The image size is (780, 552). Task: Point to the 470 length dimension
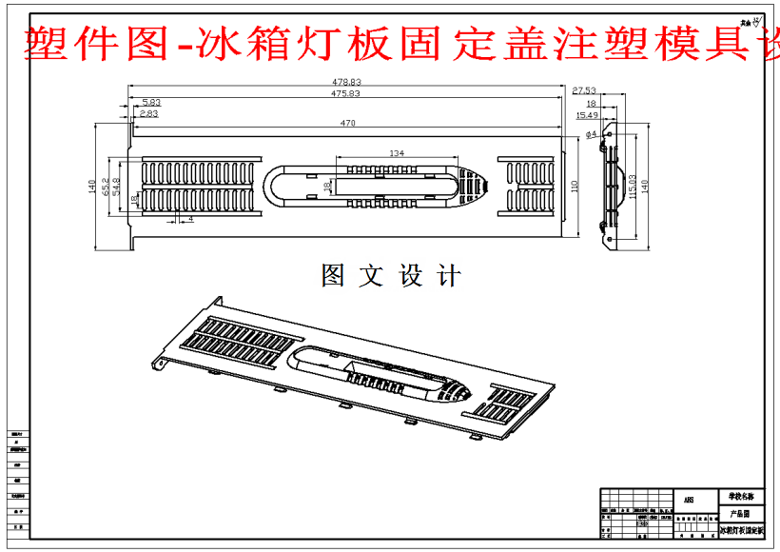coord(347,123)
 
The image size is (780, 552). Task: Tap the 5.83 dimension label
coord(151,102)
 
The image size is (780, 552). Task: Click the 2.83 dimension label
coord(148,113)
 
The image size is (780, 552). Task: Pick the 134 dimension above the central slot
coord(397,152)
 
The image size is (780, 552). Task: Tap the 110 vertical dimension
coord(574,187)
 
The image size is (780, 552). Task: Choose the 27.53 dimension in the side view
coord(584,89)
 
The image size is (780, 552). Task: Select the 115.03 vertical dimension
coord(632,187)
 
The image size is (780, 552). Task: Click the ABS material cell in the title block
coord(689,499)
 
